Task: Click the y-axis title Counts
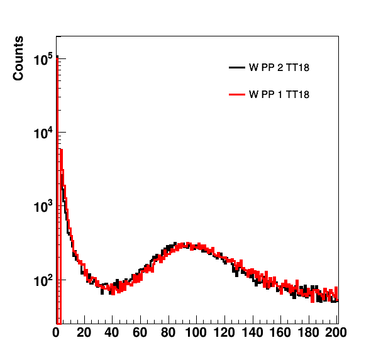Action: coord(18,58)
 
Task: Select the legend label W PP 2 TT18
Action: coord(279,68)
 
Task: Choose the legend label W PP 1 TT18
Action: coord(279,94)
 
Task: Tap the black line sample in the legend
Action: coord(237,68)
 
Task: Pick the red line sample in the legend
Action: coord(237,94)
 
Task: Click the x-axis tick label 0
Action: coord(56,333)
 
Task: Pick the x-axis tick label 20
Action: coord(84,333)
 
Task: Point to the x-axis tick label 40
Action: coord(112,333)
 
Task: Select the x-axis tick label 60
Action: coord(140,333)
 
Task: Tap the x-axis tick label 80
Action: coord(169,333)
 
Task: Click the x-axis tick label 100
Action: coord(196,333)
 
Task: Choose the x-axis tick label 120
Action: coord(224,333)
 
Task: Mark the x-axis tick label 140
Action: coord(252,333)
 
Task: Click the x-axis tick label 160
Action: coord(280,333)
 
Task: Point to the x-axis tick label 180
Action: coord(308,333)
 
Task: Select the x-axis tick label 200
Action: coord(336,333)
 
